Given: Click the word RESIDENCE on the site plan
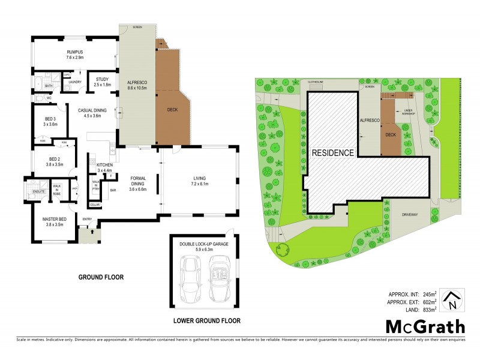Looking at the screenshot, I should tap(332, 153).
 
